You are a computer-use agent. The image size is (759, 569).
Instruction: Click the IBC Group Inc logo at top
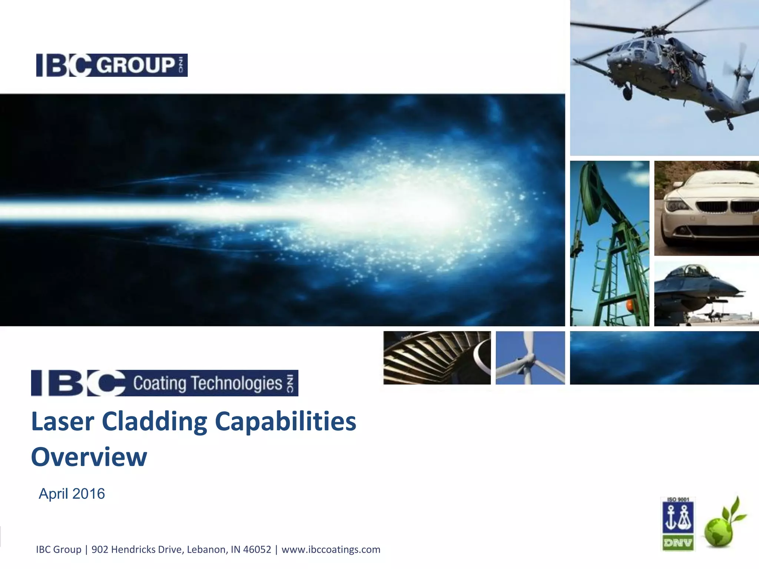click(x=112, y=65)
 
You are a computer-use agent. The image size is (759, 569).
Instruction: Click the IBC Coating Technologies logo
click(x=164, y=383)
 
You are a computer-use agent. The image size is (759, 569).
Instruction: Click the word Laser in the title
click(x=62, y=422)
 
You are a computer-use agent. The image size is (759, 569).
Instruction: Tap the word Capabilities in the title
click(x=285, y=422)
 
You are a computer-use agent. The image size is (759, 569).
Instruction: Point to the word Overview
click(x=89, y=457)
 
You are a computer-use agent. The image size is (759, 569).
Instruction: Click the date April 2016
click(x=72, y=494)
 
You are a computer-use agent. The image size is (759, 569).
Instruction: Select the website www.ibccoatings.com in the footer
click(x=331, y=549)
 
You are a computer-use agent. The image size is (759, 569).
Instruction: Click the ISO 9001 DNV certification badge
click(x=678, y=524)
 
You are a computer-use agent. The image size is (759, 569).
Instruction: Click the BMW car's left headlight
click(x=677, y=204)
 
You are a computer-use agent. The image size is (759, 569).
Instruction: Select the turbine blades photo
click(x=437, y=358)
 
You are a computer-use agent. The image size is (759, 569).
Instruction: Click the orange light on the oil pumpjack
click(x=630, y=306)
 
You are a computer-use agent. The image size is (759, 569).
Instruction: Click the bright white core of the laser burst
click(x=408, y=211)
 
